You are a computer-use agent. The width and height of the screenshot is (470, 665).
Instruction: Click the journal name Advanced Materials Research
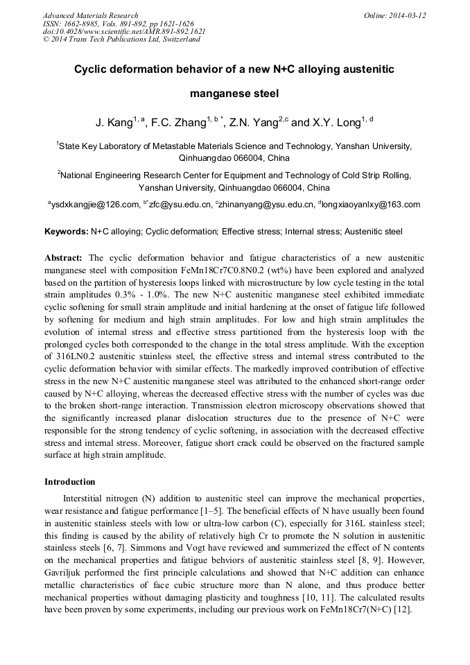(90, 15)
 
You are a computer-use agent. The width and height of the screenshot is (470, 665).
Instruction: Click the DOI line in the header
(124, 31)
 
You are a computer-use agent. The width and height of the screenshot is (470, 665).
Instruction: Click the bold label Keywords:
(66, 231)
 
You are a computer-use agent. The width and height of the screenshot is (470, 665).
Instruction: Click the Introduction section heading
(70, 482)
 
